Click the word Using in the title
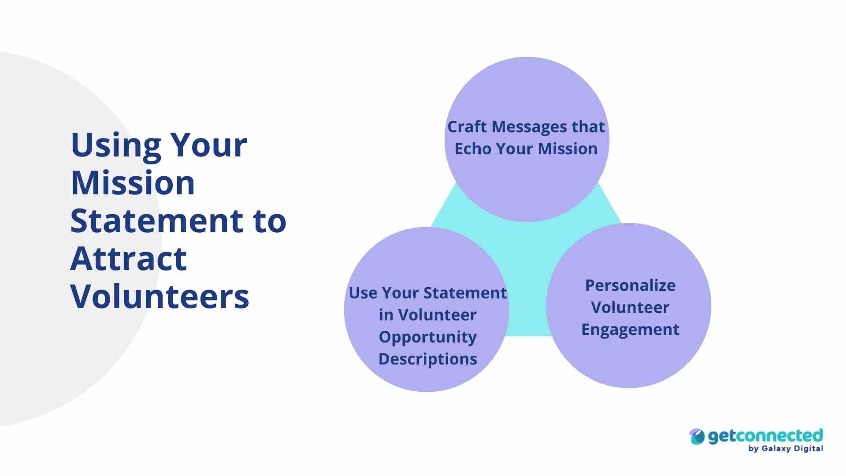116,145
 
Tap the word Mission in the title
133,183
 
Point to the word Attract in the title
128,259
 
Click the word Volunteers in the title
160,296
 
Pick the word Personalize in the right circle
630,286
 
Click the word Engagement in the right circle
630,330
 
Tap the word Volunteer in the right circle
630,308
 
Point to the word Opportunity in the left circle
427,337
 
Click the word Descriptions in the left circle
427,359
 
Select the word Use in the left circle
363,293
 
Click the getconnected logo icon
697,437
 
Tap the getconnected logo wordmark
765,436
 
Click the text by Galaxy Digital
785,449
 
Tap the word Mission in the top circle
568,149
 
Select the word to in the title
270,221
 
